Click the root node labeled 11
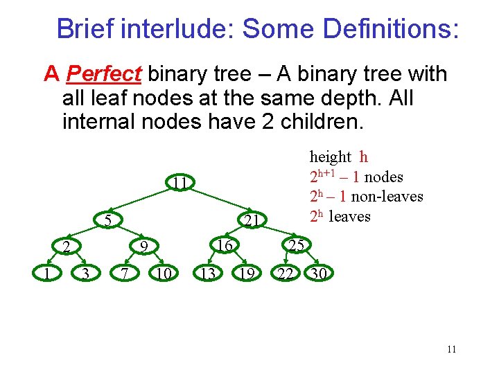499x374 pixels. [x=180, y=184]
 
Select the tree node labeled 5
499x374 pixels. [x=108, y=220]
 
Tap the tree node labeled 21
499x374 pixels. [x=252, y=220]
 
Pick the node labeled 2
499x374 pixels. [x=65, y=246]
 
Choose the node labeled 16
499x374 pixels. [x=223, y=245]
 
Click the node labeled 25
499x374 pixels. [x=297, y=244]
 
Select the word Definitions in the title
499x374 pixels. [x=388, y=29]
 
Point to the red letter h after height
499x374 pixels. [x=364, y=158]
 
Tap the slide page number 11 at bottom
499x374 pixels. [x=451, y=349]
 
